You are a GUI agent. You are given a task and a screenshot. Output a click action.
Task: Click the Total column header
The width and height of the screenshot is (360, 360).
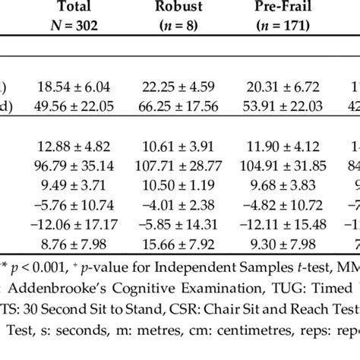73,8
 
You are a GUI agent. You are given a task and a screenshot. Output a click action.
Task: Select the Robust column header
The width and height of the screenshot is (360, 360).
180,8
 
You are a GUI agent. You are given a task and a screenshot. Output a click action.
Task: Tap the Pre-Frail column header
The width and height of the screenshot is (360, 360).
288,8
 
